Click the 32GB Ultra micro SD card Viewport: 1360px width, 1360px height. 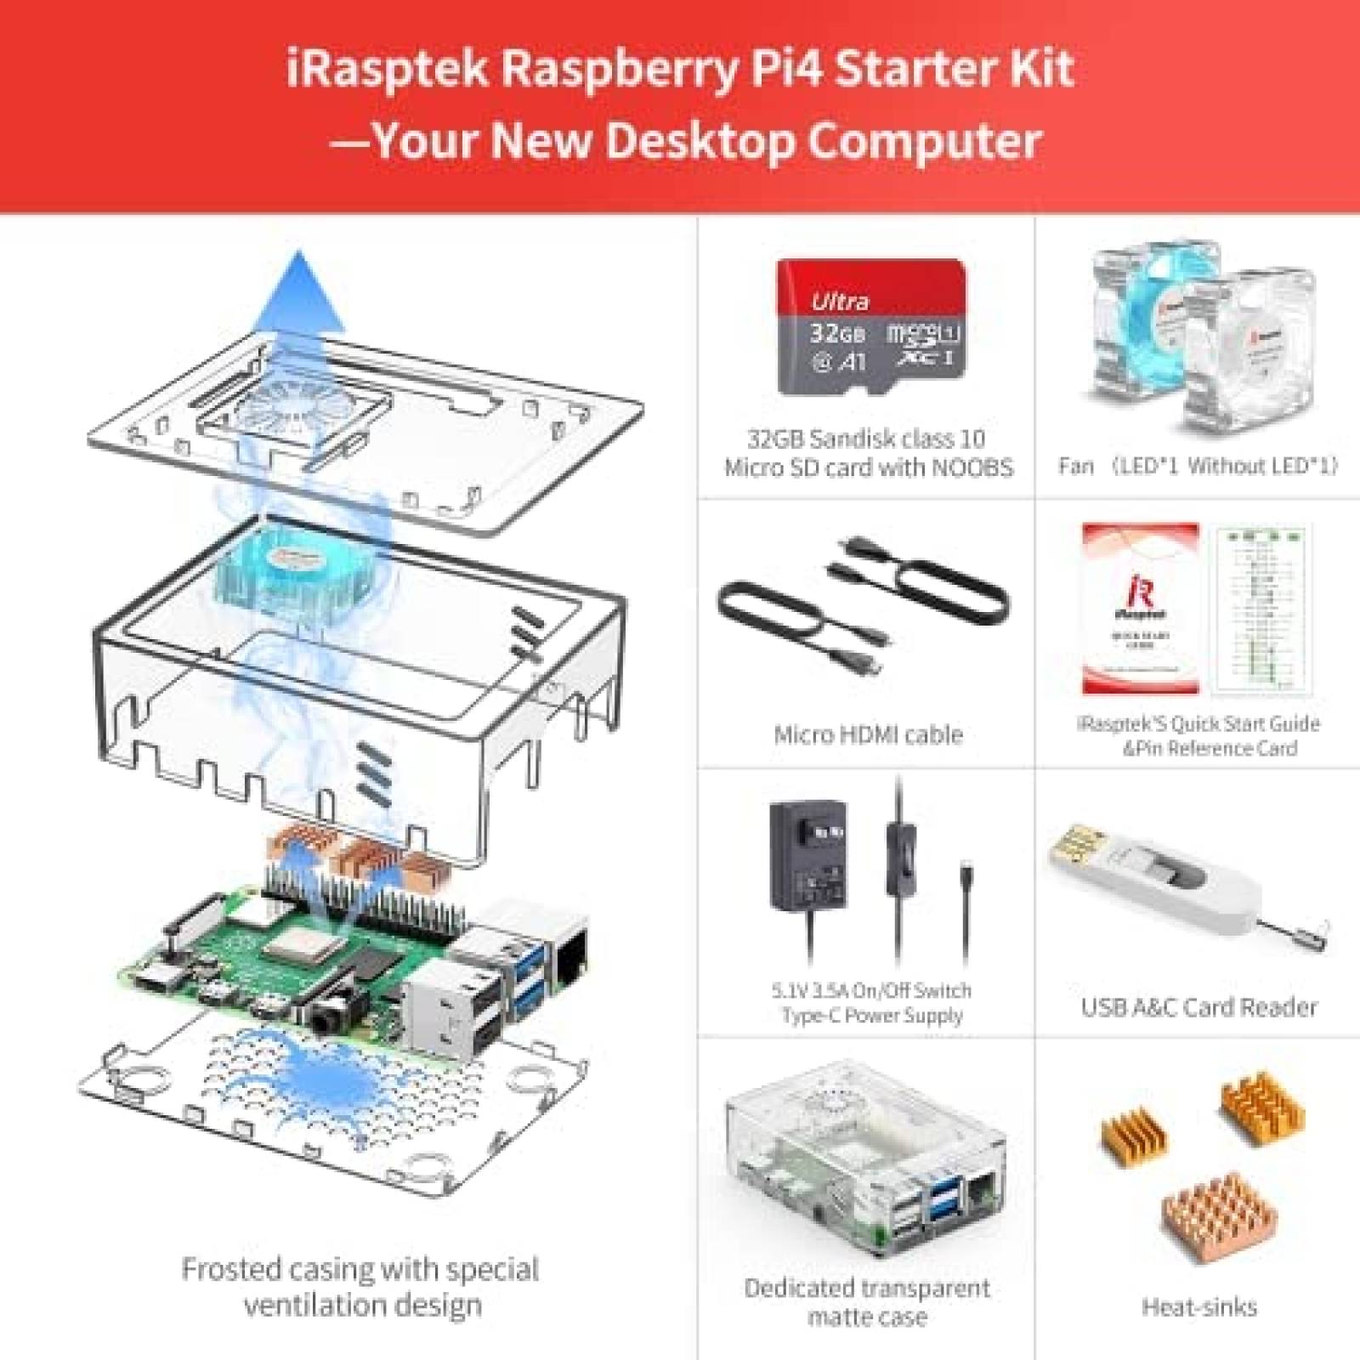(870, 327)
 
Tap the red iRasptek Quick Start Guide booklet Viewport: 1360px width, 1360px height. (1140, 608)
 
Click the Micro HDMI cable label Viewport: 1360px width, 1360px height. (868, 734)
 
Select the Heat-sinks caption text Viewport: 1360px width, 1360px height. (1198, 1306)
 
